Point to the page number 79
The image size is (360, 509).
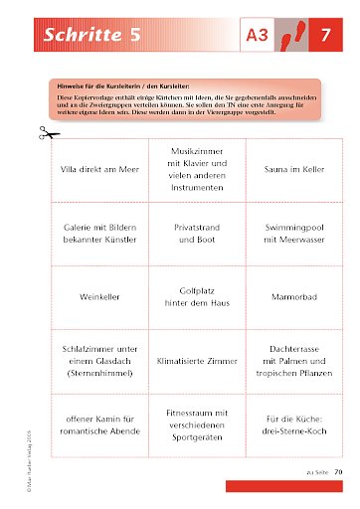pos(338,471)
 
